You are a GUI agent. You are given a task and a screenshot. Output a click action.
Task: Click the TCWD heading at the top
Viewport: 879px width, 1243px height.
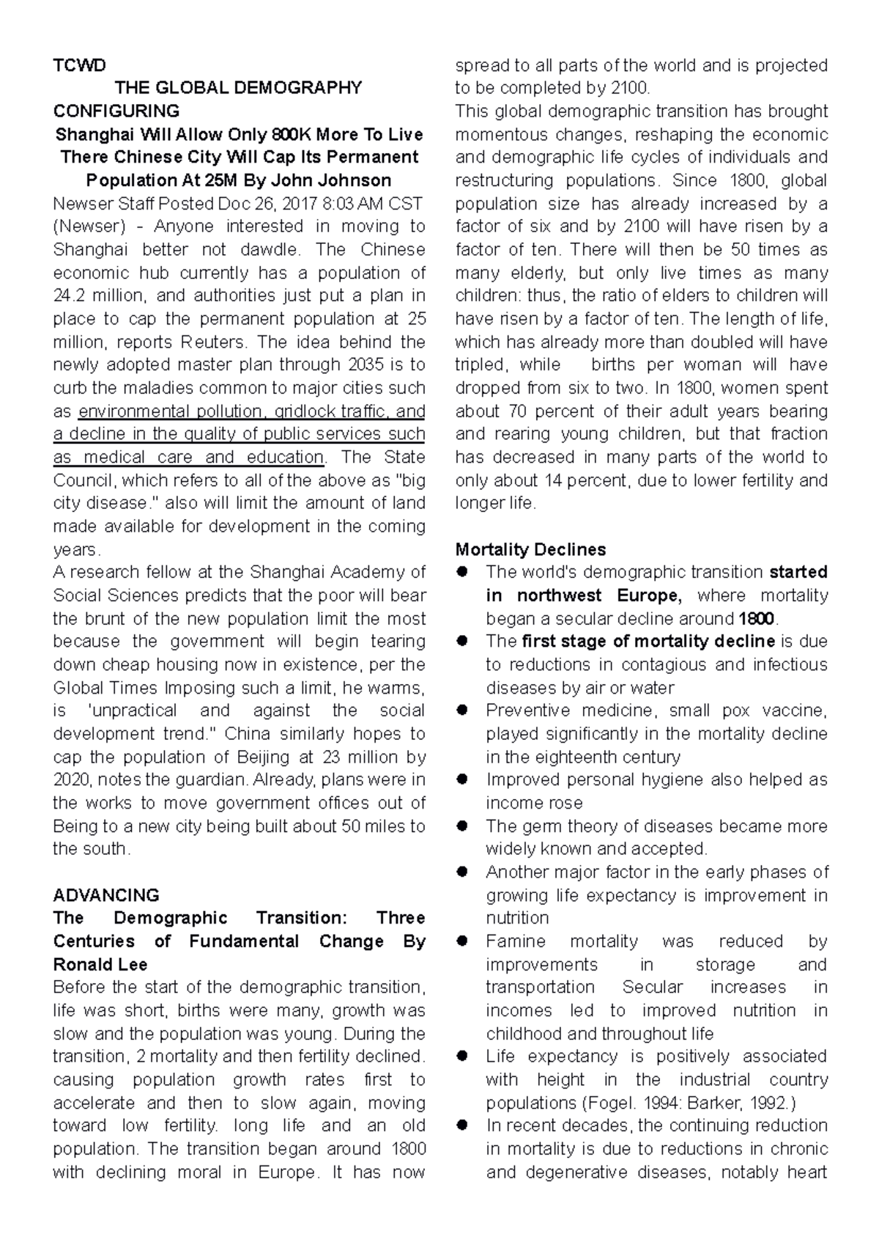[79, 65]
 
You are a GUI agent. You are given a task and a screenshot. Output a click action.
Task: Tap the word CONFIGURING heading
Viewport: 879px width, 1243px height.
[116, 111]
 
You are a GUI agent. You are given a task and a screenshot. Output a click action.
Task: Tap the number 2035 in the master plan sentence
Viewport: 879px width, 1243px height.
[366, 365]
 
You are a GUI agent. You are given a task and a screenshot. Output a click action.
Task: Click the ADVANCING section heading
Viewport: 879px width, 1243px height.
[106, 895]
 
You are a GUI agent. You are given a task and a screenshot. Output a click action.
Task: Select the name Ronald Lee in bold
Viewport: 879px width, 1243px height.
[100, 964]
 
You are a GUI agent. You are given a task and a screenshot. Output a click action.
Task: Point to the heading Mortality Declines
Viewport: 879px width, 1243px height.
[530, 549]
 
